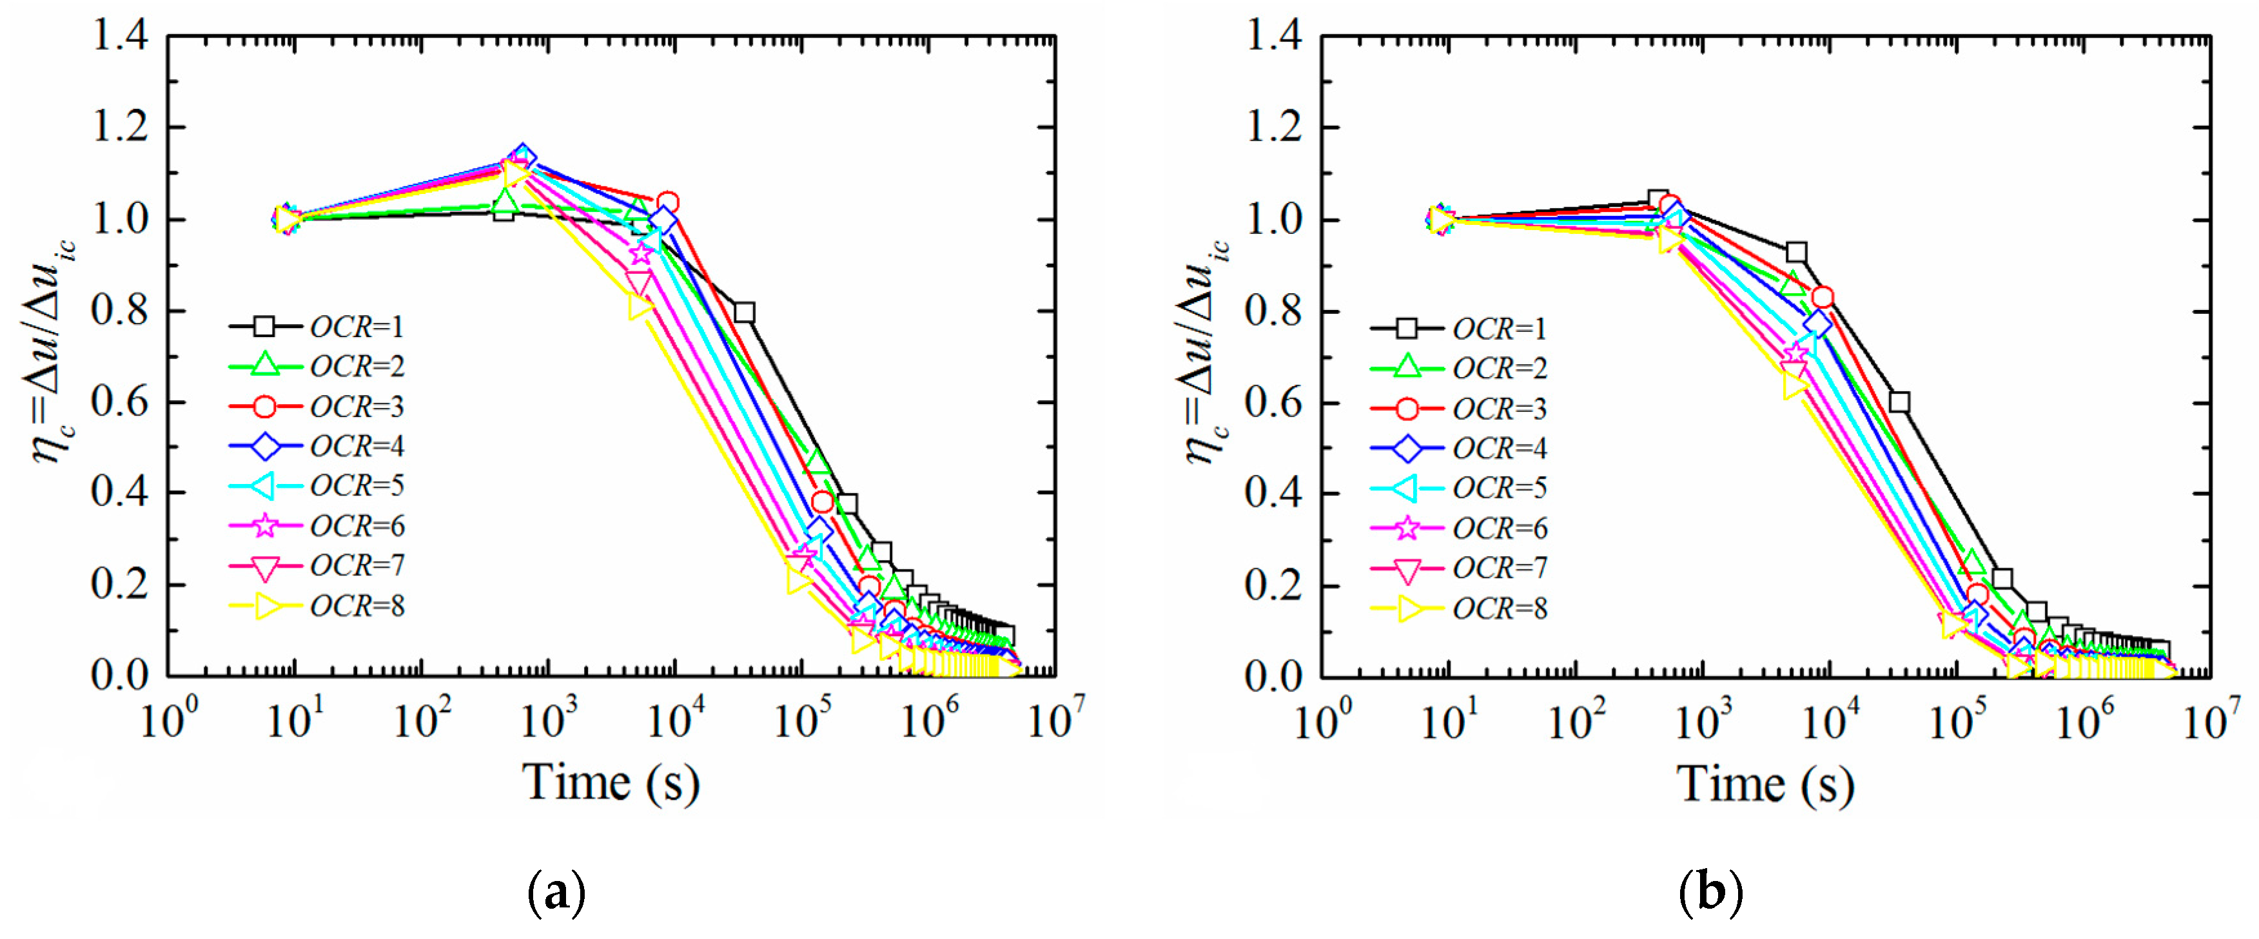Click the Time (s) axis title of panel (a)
coord(611,781)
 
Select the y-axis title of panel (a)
coord(54,351)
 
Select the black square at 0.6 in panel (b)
coord(1899,402)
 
